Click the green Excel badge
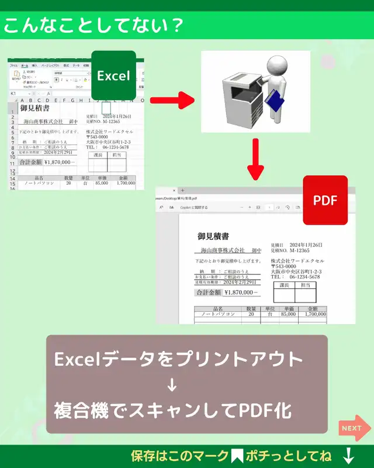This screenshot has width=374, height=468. pyautogui.click(x=113, y=75)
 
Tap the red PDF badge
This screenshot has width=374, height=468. pyautogui.click(x=325, y=200)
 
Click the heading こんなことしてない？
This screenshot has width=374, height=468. pyautogui.click(x=92, y=26)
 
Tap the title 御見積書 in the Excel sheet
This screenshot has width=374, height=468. pyautogui.click(x=35, y=108)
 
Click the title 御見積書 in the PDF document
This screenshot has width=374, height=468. pyautogui.click(x=213, y=236)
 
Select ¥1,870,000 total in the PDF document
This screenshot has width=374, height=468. pyautogui.click(x=241, y=292)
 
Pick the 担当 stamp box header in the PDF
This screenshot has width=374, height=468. pyautogui.click(x=305, y=285)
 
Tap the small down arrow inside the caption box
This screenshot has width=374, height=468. pyautogui.click(x=172, y=385)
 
